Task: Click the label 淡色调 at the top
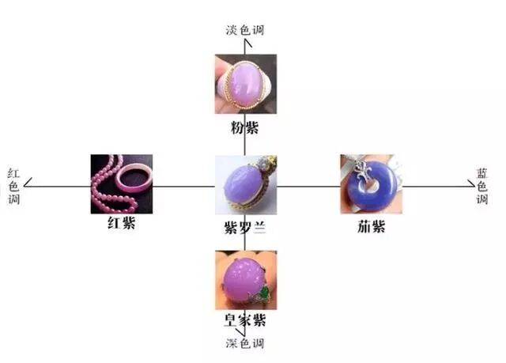[244, 30]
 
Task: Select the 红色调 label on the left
[13, 185]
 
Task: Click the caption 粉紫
[244, 127]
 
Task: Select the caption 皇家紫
[244, 320]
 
